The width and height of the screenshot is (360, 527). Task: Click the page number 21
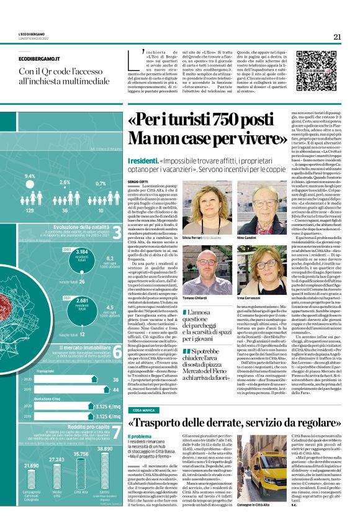(x=337, y=37)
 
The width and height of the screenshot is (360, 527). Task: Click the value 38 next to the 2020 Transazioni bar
(x=115, y=362)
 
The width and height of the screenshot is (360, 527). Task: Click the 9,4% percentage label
(x=30, y=176)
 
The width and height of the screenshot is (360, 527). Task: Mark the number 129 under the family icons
(x=30, y=210)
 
